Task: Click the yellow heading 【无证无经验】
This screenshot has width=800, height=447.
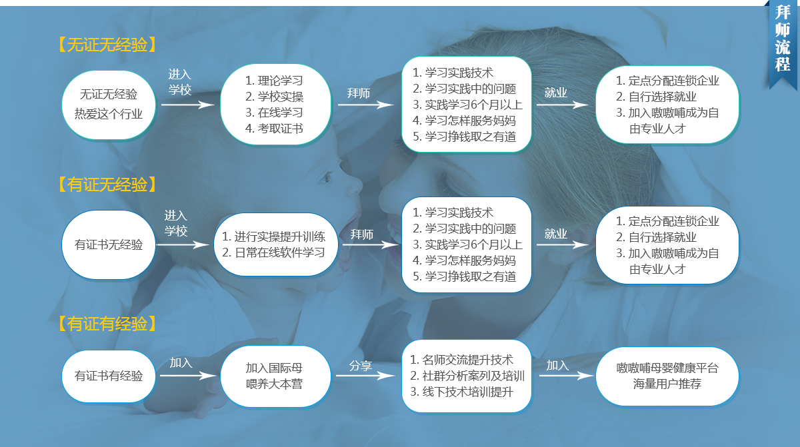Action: (107, 45)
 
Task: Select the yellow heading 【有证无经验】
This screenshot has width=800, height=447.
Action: (107, 185)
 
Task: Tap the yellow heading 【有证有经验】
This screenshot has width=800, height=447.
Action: (107, 324)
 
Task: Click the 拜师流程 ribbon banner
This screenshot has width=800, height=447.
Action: (782, 43)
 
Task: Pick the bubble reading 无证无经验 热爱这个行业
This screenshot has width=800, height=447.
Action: (109, 105)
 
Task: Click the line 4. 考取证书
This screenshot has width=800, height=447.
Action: (274, 129)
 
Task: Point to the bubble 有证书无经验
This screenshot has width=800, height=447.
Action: (109, 244)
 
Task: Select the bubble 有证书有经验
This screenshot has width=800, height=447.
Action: (109, 376)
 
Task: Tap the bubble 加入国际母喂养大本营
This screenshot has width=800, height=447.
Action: (275, 376)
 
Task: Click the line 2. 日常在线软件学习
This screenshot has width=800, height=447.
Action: (273, 252)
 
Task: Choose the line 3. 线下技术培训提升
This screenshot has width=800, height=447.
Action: (461, 392)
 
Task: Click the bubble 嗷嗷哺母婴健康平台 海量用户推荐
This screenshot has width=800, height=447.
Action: (667, 376)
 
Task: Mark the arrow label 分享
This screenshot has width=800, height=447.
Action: (361, 366)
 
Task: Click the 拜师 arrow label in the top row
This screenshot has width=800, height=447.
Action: (359, 93)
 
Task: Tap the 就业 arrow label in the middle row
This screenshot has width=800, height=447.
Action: (556, 234)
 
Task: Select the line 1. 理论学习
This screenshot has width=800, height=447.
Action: (274, 81)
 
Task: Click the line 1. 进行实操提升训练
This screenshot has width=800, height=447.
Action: (273, 236)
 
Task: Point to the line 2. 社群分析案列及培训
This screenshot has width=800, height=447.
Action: (467, 376)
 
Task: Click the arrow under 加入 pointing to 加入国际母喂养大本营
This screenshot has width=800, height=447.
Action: (188, 376)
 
